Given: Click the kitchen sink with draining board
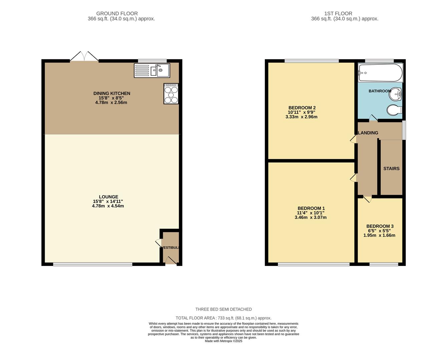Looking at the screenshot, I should point(152,70).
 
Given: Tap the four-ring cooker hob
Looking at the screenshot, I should point(171,94).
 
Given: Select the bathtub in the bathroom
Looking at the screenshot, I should point(380,72).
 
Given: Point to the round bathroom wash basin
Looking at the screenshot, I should point(395,94).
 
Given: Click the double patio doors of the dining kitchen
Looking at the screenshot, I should point(84,57).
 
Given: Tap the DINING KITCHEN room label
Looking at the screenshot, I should point(112,93).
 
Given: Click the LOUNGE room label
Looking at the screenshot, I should point(108,197).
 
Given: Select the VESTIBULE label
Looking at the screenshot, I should point(170,248).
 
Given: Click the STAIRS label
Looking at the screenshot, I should point(391,169).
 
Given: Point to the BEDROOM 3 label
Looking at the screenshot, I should point(380,226).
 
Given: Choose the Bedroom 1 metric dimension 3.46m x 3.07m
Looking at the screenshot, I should point(311,217).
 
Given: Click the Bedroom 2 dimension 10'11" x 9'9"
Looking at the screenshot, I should point(302,112).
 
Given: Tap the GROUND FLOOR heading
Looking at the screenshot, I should point(117,14).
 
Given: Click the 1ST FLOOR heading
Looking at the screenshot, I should point(338,14).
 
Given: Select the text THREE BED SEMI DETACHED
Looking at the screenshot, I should point(223,309).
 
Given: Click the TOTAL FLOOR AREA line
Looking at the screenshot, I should point(223,318).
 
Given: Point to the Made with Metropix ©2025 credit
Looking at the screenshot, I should point(223,341).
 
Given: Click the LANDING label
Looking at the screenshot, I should point(368,133).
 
